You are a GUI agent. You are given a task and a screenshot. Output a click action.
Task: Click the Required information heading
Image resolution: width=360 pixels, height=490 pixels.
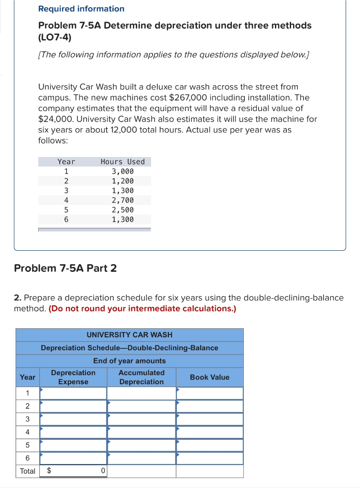[x=81, y=9]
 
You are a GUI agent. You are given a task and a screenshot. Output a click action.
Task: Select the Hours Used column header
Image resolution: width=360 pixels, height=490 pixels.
[x=122, y=162]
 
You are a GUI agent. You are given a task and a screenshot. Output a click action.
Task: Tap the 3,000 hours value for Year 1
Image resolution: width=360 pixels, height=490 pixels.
[x=122, y=171]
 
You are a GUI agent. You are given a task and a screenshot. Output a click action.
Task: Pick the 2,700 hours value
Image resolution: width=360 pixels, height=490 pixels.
[x=122, y=200]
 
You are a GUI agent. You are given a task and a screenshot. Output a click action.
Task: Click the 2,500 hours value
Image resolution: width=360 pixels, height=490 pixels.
[x=122, y=210]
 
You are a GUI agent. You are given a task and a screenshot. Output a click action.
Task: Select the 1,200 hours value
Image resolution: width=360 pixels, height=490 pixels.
[x=122, y=181]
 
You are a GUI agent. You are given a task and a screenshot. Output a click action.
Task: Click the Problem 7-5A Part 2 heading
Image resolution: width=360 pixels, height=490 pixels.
[x=65, y=268]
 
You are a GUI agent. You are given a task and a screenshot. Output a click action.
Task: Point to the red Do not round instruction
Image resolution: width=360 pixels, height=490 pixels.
[x=142, y=309]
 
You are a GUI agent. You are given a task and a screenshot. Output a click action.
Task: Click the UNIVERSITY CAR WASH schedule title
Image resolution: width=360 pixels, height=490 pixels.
[x=130, y=334]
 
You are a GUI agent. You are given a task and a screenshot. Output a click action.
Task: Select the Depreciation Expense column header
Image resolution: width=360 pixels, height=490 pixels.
[x=73, y=377]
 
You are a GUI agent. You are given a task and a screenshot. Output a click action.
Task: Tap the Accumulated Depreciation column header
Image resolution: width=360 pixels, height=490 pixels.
[x=142, y=377]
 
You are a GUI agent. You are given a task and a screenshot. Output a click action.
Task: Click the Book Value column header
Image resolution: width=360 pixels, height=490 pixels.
[x=209, y=377]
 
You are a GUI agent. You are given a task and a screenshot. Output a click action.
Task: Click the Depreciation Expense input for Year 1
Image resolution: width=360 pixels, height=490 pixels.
[x=73, y=393]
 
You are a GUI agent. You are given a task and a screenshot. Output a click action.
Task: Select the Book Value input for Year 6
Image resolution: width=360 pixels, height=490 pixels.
[x=209, y=458]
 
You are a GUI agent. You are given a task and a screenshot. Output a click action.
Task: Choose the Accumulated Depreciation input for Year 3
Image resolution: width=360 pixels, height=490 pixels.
[x=142, y=419]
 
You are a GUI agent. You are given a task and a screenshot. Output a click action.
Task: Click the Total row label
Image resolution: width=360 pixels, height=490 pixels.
[x=27, y=471]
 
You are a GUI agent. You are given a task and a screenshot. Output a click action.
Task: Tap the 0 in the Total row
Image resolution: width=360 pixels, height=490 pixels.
[x=103, y=471]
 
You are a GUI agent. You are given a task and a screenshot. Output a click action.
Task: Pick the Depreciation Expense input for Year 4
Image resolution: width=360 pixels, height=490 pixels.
[x=73, y=432]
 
